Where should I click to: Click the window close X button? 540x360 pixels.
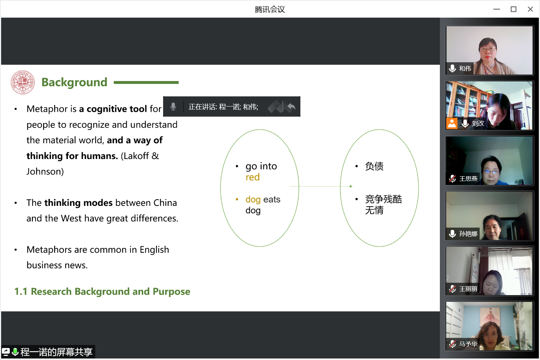[x=530, y=9]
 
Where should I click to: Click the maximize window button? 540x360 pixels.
[x=513, y=9]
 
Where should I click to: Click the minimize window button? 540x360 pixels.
[x=496, y=9]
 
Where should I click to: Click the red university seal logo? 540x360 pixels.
[x=22, y=82]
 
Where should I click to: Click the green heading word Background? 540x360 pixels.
[x=74, y=82]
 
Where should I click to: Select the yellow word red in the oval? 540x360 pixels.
[x=253, y=177]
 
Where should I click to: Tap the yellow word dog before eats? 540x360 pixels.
[x=253, y=199]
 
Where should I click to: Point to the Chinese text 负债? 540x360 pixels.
[x=374, y=166]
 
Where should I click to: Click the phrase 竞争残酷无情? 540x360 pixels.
[x=383, y=205]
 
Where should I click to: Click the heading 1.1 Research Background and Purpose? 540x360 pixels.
[x=102, y=291]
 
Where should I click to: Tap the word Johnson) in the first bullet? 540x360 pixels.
[x=45, y=171]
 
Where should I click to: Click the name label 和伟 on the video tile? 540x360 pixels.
[x=465, y=69]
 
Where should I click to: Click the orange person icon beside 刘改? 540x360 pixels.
[x=452, y=124]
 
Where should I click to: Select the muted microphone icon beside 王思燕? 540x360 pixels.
[x=453, y=178]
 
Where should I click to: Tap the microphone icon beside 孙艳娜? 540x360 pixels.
[x=453, y=234]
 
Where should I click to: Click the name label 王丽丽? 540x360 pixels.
[x=468, y=289]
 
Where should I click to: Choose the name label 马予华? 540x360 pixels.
[x=468, y=344]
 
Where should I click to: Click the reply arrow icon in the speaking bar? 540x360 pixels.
[x=291, y=106]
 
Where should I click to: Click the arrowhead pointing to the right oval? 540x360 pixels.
[x=351, y=186]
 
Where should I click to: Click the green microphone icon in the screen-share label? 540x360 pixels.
[x=15, y=352]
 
